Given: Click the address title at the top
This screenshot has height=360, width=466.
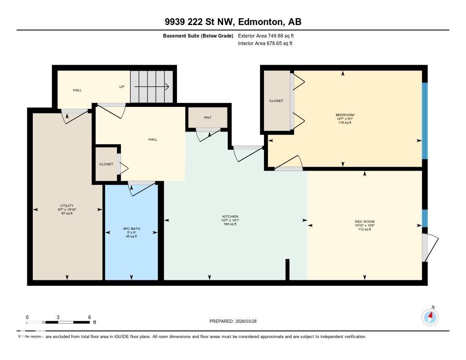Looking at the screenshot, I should pos(233,22).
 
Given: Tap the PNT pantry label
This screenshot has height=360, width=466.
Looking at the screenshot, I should pos(208,118).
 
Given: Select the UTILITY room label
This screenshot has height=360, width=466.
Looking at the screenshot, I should pos(67,206).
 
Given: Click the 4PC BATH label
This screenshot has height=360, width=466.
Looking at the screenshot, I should pos(131,228).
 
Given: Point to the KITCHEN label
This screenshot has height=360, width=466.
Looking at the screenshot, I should pos(230,217).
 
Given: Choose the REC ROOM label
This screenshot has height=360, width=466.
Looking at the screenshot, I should pos(365,222).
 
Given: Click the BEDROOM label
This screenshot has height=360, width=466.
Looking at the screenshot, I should pos(344,115).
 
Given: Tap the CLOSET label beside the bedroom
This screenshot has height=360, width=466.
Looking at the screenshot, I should pos(276,101).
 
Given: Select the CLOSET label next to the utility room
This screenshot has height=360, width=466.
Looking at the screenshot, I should pos(106,164).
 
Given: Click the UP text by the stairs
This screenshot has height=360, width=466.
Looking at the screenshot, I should pos(122,86).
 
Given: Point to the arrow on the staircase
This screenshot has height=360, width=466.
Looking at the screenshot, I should pos(152,86).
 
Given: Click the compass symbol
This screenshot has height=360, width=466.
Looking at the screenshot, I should pos(430,317).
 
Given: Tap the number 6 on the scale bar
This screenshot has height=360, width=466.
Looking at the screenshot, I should pos(90,317).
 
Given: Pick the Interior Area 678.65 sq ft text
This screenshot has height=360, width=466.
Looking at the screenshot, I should pos(265,44).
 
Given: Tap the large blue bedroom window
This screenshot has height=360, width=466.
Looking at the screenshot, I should pos(425,121).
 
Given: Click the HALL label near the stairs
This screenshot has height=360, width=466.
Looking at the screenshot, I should pos(77,90).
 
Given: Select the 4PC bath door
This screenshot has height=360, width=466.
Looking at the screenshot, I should pos(141,188).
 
